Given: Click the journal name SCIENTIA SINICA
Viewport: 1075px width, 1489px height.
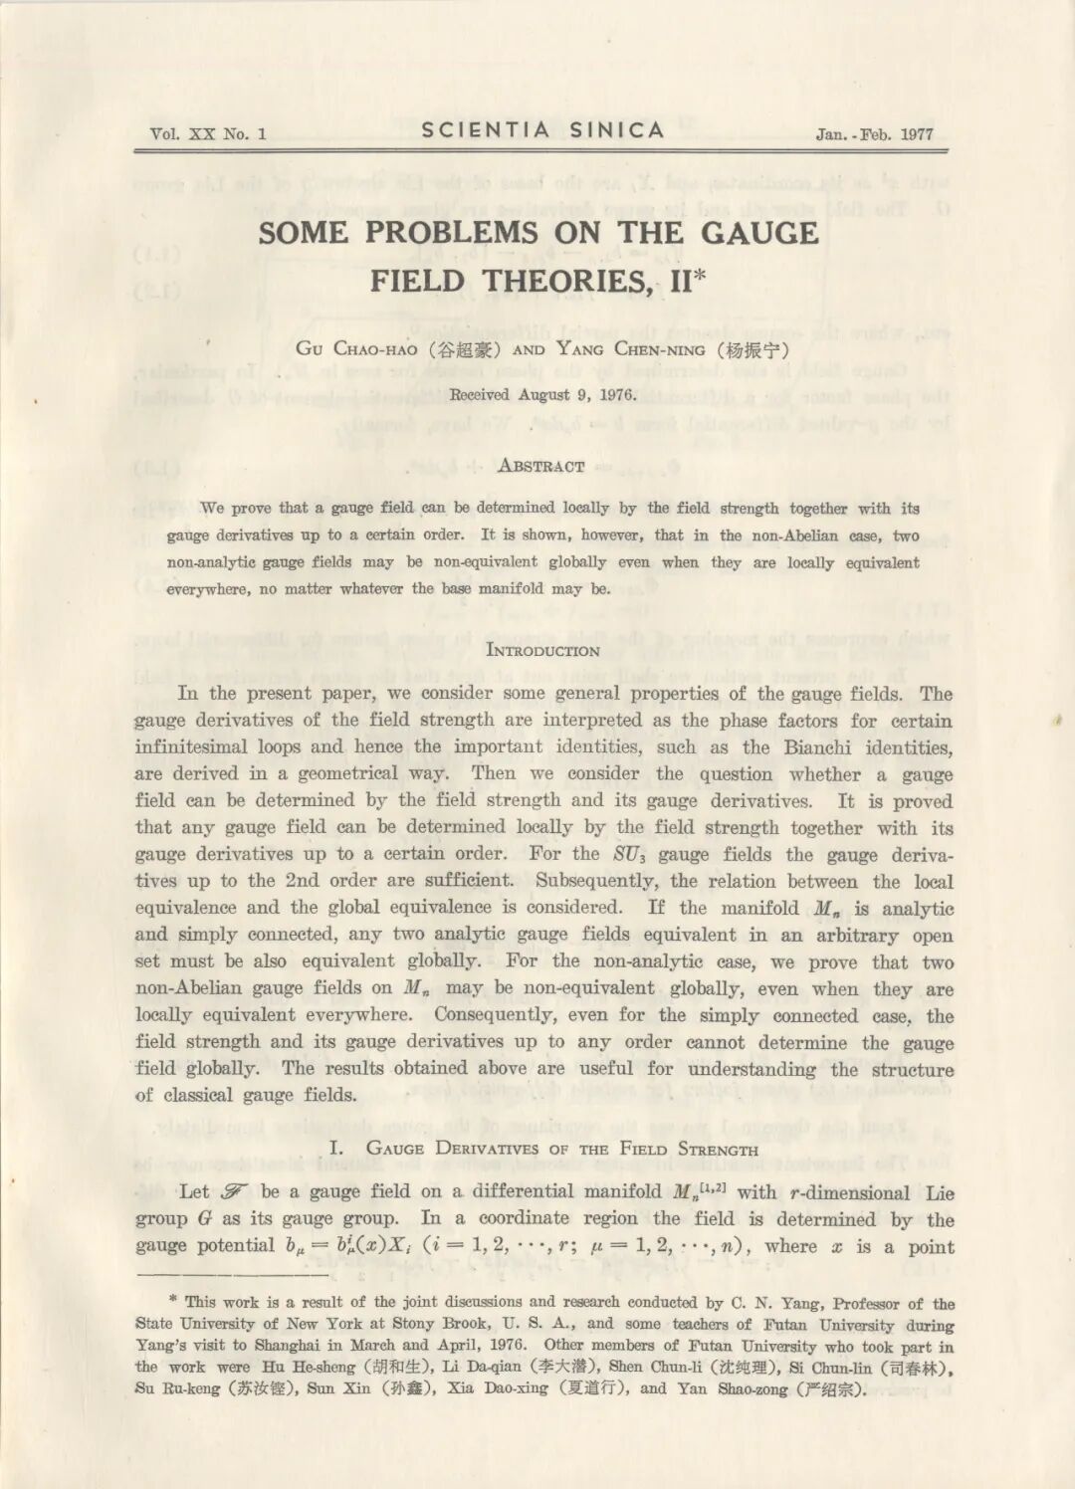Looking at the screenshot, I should (542, 130).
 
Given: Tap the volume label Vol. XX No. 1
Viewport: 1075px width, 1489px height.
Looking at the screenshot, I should (208, 134).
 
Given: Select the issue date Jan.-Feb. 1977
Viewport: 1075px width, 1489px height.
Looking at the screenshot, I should (874, 134).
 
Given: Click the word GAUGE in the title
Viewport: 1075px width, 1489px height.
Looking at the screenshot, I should (759, 233).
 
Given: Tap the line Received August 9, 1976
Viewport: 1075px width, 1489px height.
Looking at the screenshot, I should (542, 395).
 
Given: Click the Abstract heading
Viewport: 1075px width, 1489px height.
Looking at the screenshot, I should (540, 466).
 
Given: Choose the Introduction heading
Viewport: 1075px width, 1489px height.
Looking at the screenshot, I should (542, 651).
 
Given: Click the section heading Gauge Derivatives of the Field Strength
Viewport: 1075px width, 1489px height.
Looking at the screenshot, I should (561, 1149).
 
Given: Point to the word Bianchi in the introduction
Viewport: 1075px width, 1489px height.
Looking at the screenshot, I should (819, 747).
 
